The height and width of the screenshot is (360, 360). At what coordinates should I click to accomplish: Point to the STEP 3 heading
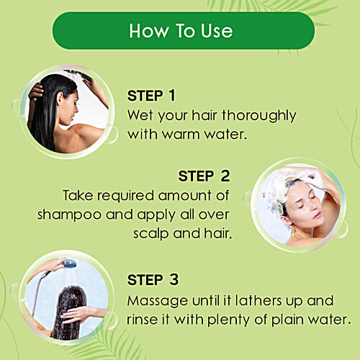coord(153,280)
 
